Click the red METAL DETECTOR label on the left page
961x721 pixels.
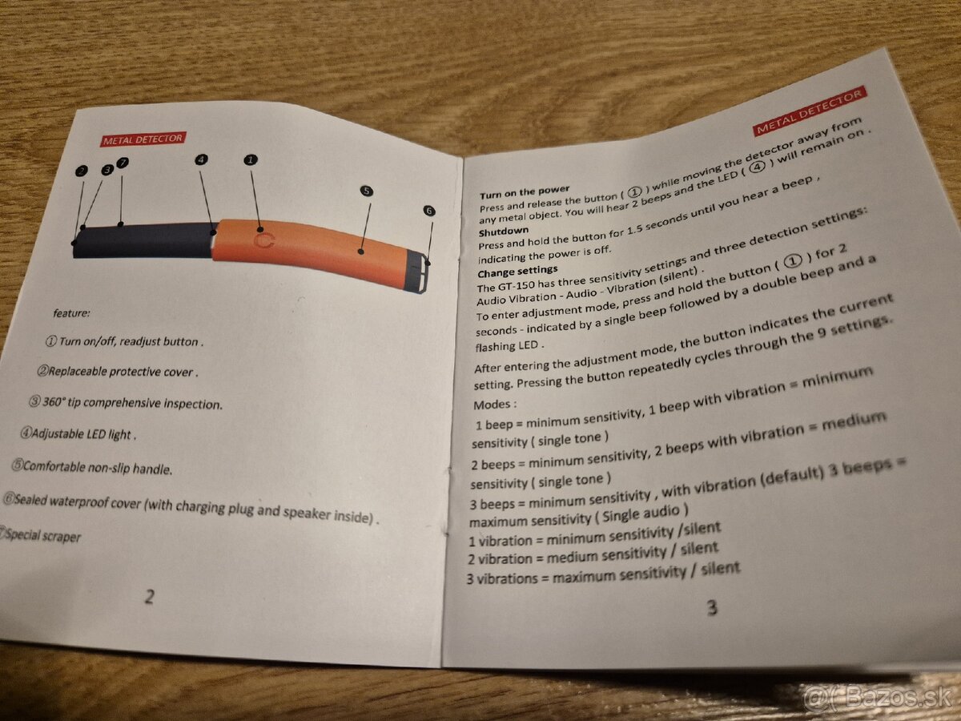(x=143, y=139)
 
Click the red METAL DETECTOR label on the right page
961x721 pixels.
(x=810, y=111)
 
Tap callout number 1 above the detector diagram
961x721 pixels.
(x=251, y=159)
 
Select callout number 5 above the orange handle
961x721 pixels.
(x=367, y=191)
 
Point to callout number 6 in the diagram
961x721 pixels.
(x=429, y=211)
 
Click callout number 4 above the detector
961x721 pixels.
(x=201, y=159)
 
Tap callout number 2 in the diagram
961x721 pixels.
(x=82, y=171)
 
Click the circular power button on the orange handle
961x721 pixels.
(x=264, y=240)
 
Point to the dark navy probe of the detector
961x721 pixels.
(x=143, y=240)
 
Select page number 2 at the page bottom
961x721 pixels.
(x=149, y=597)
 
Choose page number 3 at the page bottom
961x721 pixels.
(x=712, y=607)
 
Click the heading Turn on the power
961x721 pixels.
(x=524, y=191)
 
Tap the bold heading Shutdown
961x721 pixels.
(x=504, y=231)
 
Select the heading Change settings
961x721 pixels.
(x=517, y=271)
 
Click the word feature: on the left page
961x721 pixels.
(x=72, y=313)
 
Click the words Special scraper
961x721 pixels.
(x=42, y=535)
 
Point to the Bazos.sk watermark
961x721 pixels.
(x=878, y=697)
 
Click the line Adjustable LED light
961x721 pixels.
(x=78, y=434)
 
